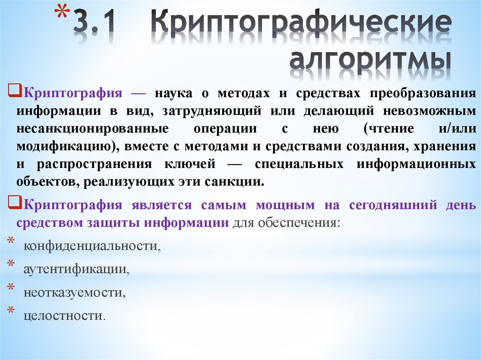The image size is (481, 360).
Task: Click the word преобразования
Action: point(423,93)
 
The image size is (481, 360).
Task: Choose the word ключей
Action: point(193,164)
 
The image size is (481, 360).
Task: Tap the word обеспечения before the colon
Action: point(306,223)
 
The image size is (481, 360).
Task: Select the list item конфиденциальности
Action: point(92,246)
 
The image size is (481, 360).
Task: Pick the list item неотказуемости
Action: point(76,293)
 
